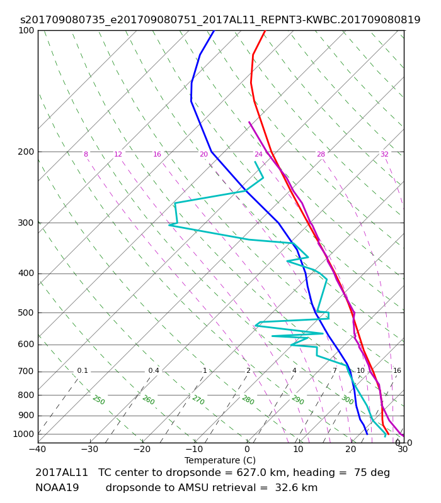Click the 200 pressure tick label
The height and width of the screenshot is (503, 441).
(x=26, y=152)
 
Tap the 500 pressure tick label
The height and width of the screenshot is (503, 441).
(x=26, y=312)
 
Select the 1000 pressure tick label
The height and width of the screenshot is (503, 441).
(x=23, y=434)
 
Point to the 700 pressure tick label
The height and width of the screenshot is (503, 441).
(x=26, y=372)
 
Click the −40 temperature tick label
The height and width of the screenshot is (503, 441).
(x=38, y=449)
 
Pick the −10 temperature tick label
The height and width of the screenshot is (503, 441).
(x=194, y=449)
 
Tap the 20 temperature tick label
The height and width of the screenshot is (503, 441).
(x=351, y=449)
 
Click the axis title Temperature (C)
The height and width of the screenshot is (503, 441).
(x=220, y=460)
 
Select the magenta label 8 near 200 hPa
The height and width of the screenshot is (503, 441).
(x=86, y=154)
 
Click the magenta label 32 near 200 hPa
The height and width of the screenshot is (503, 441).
(x=384, y=154)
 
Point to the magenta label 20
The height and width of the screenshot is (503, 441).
(x=203, y=154)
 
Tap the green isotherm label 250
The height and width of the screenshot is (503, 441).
(x=99, y=400)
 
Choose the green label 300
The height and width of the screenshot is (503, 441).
(x=348, y=400)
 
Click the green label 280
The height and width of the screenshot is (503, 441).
(x=248, y=400)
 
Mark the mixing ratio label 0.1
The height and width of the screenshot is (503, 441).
(x=83, y=370)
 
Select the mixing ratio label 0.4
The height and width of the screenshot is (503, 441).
(x=154, y=370)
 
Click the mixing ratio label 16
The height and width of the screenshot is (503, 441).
(x=397, y=370)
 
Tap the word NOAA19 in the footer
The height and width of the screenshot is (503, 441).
(x=57, y=488)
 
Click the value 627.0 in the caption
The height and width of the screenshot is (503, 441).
(x=248, y=473)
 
